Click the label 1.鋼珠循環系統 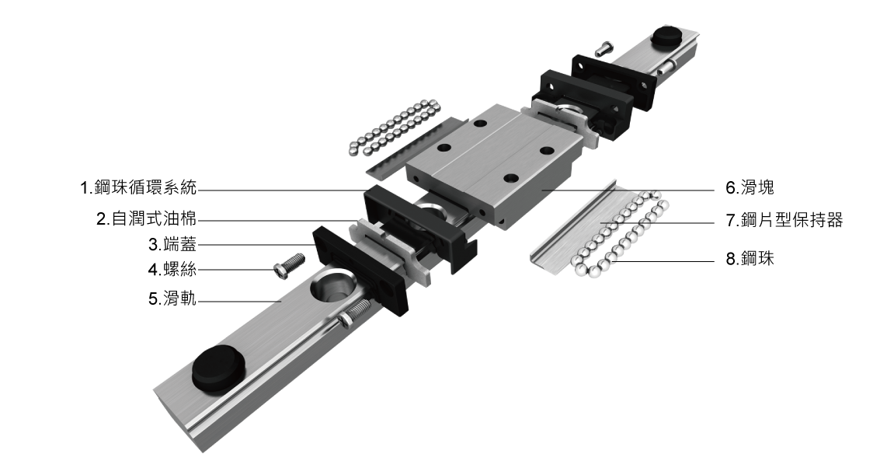138,187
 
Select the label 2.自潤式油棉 147,218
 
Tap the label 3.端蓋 172,244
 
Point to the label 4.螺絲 172,269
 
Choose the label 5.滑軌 172,299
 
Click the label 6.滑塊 750,187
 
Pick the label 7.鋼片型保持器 784,219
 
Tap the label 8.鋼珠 750,259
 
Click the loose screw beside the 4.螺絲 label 288,265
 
